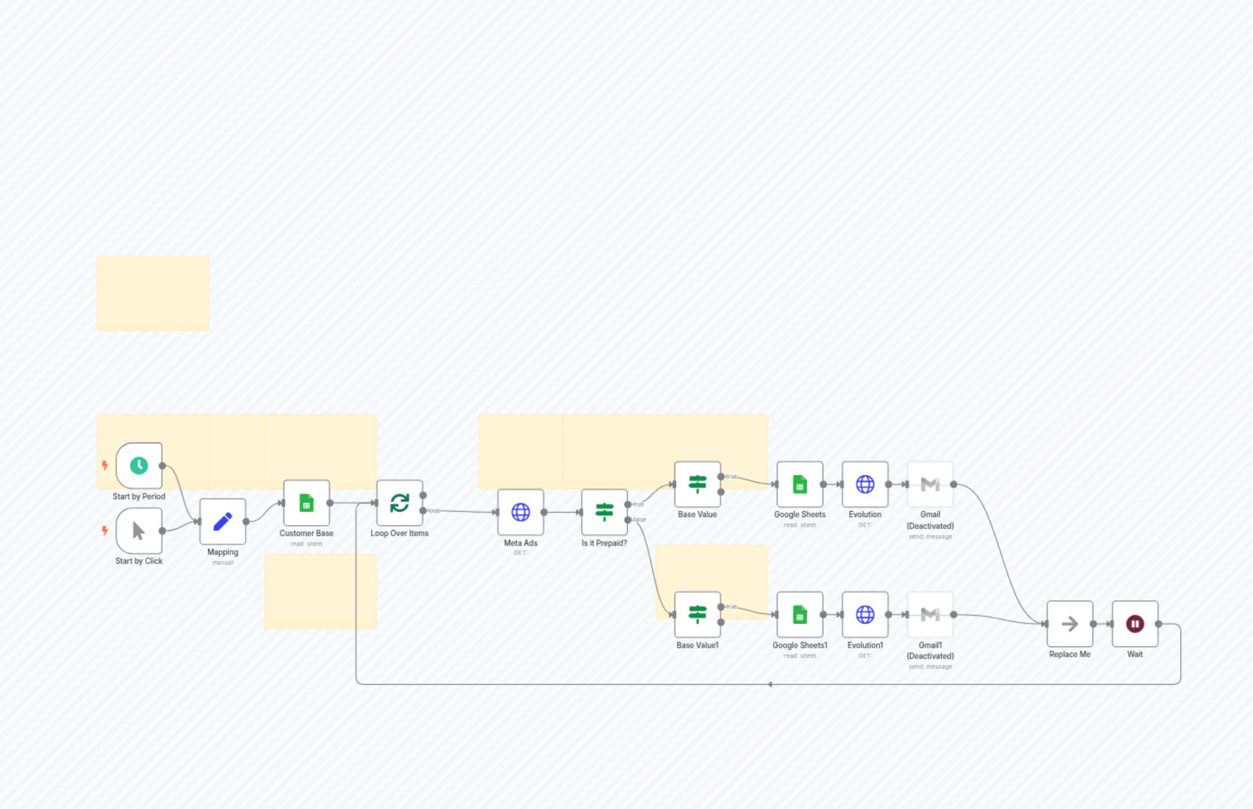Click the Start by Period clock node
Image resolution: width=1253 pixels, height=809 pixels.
pyautogui.click(x=139, y=465)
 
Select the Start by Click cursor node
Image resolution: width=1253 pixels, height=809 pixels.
pyautogui.click(x=139, y=531)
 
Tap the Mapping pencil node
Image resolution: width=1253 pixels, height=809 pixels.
pyautogui.click(x=222, y=521)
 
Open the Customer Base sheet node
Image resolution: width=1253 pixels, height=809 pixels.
pyautogui.click(x=306, y=503)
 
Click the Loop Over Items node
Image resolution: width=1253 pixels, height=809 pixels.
pyautogui.click(x=400, y=503)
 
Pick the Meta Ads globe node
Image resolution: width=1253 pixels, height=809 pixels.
pyautogui.click(x=520, y=512)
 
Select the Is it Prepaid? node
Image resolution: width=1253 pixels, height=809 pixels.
pyautogui.click(x=604, y=512)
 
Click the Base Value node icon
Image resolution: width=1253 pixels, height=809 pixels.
pyautogui.click(x=697, y=484)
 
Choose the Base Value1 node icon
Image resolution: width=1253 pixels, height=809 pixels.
pyautogui.click(x=697, y=614)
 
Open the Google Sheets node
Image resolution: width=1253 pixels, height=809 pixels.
pyautogui.click(x=800, y=484)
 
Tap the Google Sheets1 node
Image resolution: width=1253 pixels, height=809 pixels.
pyautogui.click(x=800, y=614)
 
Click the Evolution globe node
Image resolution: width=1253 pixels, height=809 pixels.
pyautogui.click(x=865, y=484)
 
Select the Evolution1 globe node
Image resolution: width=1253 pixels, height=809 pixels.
pyautogui.click(x=865, y=614)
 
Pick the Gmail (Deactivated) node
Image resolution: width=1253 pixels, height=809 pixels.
pyautogui.click(x=930, y=484)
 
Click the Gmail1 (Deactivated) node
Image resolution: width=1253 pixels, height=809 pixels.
pyautogui.click(x=930, y=614)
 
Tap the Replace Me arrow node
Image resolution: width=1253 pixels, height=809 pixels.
pyautogui.click(x=1070, y=623)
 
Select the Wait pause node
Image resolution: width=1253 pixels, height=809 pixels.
pyautogui.click(x=1135, y=623)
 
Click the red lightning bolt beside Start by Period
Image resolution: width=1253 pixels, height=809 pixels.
pyautogui.click(x=105, y=465)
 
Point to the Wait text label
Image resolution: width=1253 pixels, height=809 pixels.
pyautogui.click(x=1135, y=654)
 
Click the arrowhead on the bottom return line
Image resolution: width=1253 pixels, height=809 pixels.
pyautogui.click(x=770, y=684)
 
